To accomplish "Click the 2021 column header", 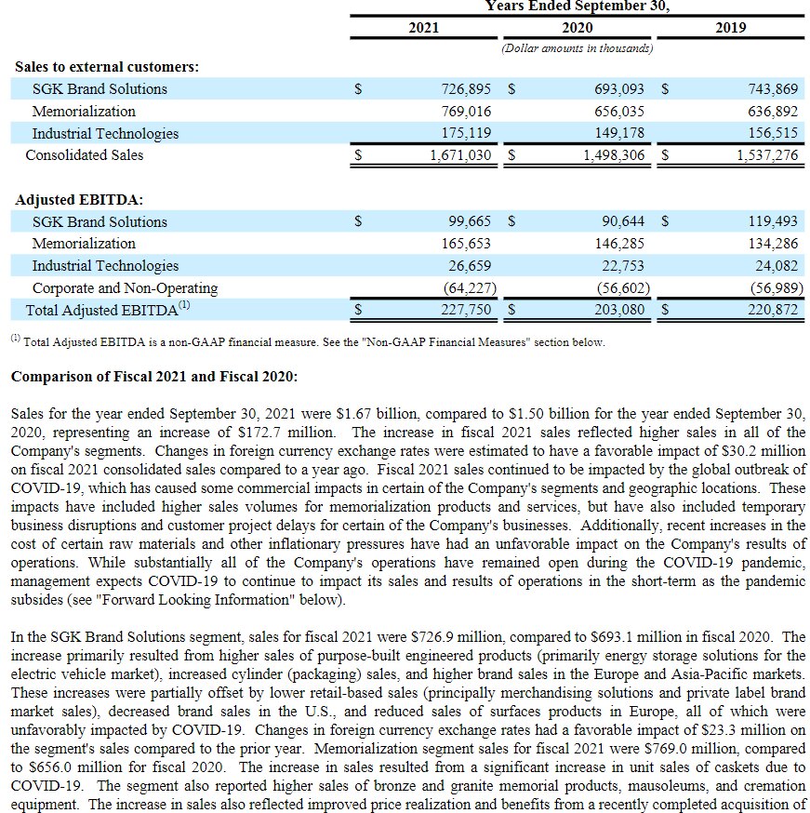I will (x=423, y=27).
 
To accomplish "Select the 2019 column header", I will (x=730, y=27).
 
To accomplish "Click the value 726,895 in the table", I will (x=466, y=89).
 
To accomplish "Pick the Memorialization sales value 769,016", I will (x=466, y=112).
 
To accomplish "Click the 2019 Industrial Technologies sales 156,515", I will (x=772, y=133).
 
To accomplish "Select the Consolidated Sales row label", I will (x=85, y=155).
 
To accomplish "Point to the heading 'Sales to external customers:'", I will (x=107, y=67).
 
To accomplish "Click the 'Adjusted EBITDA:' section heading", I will (x=79, y=200).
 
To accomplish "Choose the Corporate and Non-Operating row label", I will (x=125, y=288).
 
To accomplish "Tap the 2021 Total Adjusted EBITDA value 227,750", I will (x=466, y=311).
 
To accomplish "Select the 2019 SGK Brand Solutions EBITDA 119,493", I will (x=772, y=222).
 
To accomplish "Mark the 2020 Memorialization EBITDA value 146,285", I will (x=619, y=244).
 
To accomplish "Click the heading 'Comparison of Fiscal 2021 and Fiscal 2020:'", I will (x=153, y=377).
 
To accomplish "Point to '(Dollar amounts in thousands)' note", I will (x=577, y=47).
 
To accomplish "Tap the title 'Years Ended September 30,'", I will (x=577, y=6).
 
